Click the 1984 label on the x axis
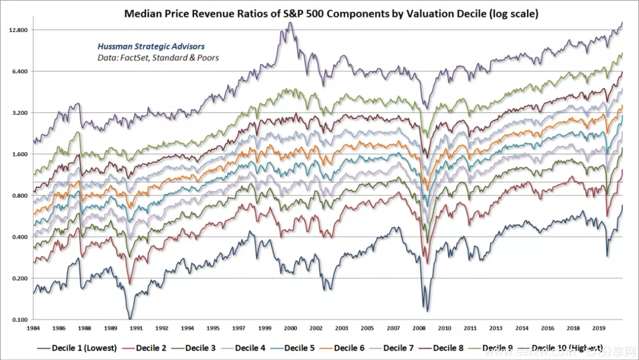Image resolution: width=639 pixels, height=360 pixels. click(34, 327)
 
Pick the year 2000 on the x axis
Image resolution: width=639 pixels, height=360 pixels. click(290, 327)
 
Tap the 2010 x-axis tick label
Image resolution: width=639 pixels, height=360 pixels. click(444, 327)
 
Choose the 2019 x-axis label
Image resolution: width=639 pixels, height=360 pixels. click(598, 327)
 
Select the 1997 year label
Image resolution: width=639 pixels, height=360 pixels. click(238, 327)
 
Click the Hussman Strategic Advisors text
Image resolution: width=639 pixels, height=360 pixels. click(151, 46)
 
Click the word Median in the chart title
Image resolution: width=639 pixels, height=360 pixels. click(141, 14)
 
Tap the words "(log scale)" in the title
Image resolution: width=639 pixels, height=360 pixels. click(511, 14)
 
